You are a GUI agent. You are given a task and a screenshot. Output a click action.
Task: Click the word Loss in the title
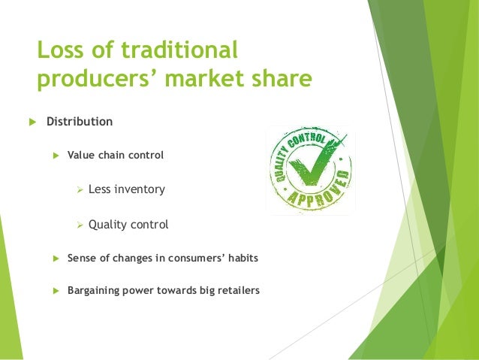click(x=62, y=50)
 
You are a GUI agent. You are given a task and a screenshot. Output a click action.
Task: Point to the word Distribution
click(x=80, y=122)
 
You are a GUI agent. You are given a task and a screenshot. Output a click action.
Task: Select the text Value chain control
click(x=115, y=156)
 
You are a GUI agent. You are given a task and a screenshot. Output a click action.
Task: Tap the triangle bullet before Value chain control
click(x=55, y=156)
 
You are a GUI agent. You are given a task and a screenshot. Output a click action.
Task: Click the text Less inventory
click(x=126, y=189)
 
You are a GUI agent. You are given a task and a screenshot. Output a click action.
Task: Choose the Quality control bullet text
click(x=128, y=224)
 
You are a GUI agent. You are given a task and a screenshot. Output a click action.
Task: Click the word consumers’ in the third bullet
click(x=194, y=258)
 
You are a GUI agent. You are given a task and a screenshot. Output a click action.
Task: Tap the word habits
click(x=243, y=258)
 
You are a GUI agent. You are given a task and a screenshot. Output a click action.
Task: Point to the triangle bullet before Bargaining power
click(x=55, y=289)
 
